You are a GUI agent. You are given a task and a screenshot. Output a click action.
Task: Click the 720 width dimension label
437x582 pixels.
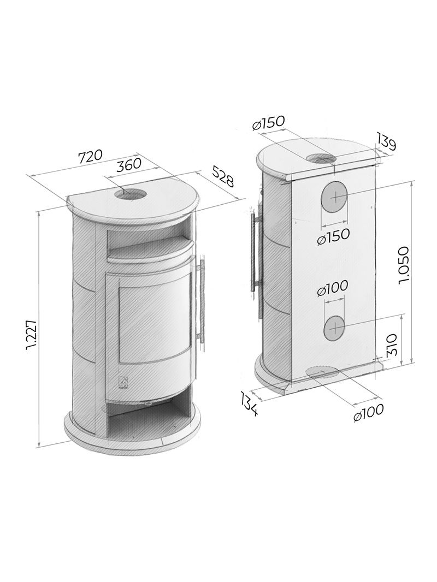(90, 156)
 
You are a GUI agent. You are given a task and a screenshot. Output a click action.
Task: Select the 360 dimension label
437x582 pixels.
(129, 164)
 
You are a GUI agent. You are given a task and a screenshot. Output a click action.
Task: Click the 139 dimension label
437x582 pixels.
(386, 141)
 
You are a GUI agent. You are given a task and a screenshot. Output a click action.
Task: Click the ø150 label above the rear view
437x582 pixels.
(268, 123)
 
